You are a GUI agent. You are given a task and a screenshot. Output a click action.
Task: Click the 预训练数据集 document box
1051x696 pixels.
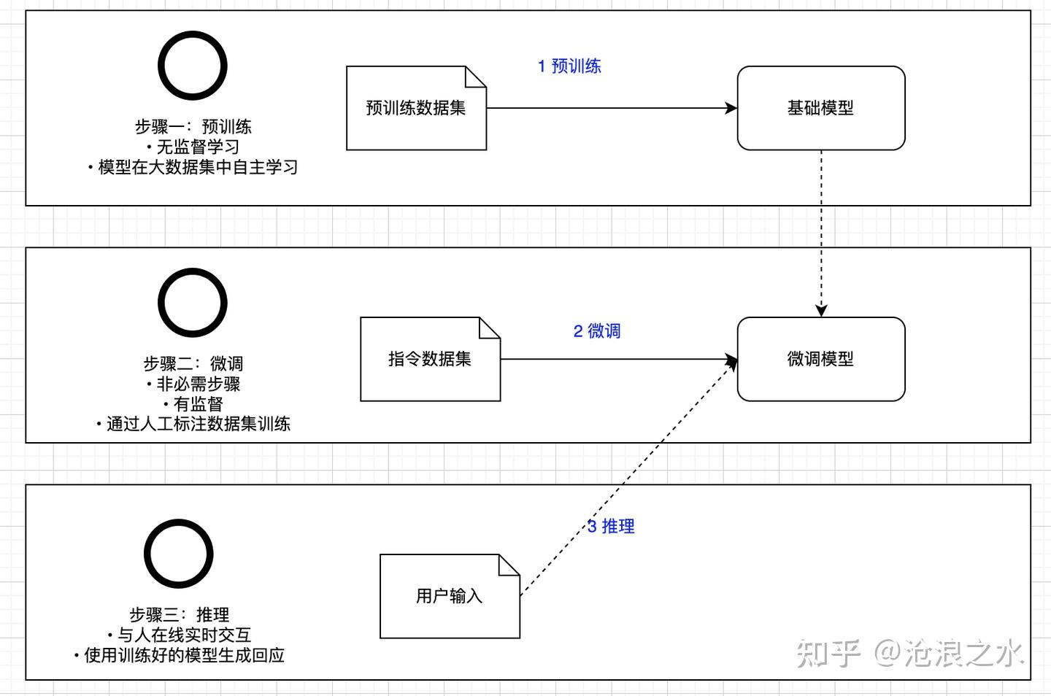coord(415,108)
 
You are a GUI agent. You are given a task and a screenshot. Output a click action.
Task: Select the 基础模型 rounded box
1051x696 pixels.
coord(820,108)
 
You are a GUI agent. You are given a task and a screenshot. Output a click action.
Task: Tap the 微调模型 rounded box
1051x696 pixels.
coord(820,359)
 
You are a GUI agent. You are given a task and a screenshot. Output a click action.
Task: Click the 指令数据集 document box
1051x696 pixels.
coord(430,359)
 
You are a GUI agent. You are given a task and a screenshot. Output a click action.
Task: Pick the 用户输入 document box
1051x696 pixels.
coord(449,596)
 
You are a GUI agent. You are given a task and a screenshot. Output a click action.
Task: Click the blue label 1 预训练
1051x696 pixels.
coord(569,66)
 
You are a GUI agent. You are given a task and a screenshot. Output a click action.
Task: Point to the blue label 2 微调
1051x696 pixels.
coord(596,331)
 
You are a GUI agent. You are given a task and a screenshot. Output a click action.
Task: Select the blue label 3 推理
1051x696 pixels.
coord(611,526)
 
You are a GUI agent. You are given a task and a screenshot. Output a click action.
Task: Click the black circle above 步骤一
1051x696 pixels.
coord(193,66)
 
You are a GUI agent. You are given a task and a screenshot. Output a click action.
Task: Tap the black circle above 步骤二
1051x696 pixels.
coord(193,303)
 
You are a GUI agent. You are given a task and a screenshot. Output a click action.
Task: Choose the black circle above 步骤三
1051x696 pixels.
coord(178,554)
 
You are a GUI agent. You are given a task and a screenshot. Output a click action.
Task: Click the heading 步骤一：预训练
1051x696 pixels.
coord(193,126)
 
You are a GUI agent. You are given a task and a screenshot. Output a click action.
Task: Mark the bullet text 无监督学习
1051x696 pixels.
coord(197,147)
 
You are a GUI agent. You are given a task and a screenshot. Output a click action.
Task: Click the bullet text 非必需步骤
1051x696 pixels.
coord(197,384)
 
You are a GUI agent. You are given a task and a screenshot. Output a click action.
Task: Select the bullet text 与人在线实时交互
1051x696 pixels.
coord(182,635)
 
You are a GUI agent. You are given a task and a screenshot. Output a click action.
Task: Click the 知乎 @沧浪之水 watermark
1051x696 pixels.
coord(909,653)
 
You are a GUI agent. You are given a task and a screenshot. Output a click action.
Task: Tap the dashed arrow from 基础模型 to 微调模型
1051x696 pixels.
coord(821,233)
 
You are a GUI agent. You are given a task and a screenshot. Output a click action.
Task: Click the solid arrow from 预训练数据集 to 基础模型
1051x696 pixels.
coord(612,108)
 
